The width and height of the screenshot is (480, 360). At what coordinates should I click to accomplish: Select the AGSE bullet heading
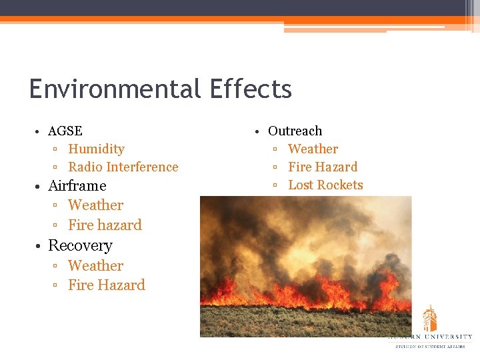(x=65, y=131)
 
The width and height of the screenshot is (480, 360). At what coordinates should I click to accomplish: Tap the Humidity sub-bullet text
(x=96, y=149)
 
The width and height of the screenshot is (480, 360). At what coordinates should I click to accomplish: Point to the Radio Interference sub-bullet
(x=123, y=167)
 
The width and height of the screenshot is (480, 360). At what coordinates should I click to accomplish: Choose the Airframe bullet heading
(x=77, y=185)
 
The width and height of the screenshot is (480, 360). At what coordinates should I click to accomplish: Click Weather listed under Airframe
(x=95, y=205)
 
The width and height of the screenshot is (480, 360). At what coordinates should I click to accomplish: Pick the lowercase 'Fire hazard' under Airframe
(x=105, y=225)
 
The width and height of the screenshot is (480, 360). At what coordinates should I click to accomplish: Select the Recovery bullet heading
(x=80, y=245)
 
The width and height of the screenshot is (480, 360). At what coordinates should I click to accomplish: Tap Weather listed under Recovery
(x=95, y=265)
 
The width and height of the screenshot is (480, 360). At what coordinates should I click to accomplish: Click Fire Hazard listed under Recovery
(x=106, y=285)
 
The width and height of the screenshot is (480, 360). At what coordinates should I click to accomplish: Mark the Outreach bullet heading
(x=295, y=131)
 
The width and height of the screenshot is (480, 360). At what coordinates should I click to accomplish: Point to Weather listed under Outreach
(x=313, y=149)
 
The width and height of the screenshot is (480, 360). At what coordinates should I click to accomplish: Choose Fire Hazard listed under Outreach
(x=323, y=167)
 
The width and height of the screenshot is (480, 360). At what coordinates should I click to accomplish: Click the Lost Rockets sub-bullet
(x=325, y=185)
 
